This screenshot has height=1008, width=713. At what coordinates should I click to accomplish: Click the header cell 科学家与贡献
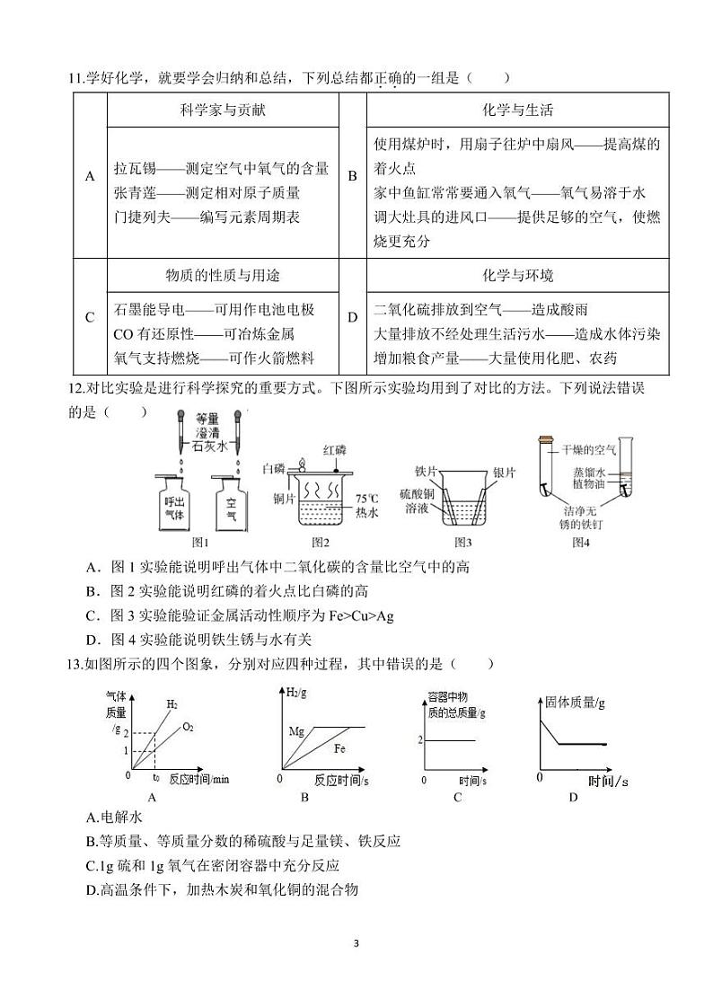pos(223,111)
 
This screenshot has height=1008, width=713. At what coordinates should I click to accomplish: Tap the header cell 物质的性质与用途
pos(223,276)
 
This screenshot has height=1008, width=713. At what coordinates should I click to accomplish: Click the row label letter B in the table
pos(353,177)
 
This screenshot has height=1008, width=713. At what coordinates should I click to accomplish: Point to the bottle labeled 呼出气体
pos(174,508)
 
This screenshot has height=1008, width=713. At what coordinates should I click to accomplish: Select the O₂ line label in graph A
pos(188,727)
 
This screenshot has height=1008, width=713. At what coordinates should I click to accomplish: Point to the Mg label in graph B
pos(297,731)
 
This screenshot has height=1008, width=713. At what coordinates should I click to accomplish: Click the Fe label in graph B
pos(339,748)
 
